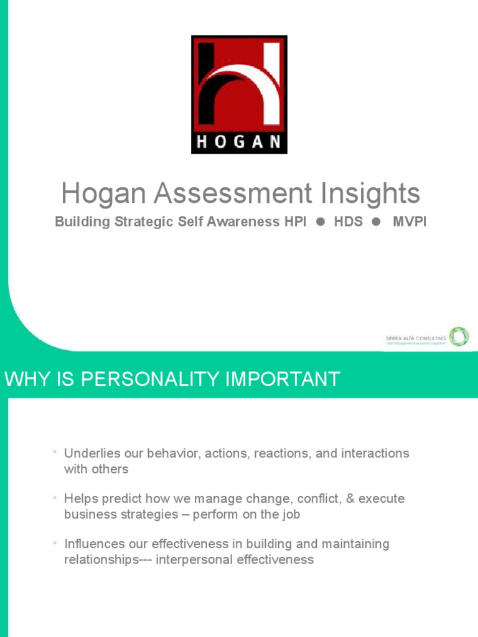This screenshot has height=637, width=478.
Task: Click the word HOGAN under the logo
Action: pyautogui.click(x=239, y=142)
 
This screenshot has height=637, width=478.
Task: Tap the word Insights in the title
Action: pyautogui.click(x=374, y=194)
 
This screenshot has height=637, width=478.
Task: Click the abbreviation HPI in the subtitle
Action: pyautogui.click(x=295, y=222)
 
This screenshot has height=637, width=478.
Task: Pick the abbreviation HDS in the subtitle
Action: pyautogui.click(x=349, y=222)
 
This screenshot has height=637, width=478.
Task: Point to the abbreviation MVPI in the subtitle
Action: pyautogui.click(x=410, y=222)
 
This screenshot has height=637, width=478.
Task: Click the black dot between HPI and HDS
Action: pyautogui.click(x=321, y=222)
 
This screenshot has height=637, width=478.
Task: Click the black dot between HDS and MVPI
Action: pyautogui.click(x=375, y=222)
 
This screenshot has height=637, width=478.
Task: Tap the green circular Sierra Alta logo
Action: pyautogui.click(x=459, y=337)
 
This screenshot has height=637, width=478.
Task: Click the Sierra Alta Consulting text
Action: pyautogui.click(x=415, y=337)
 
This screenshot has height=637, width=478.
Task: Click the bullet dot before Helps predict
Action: pyautogui.click(x=55, y=497)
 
